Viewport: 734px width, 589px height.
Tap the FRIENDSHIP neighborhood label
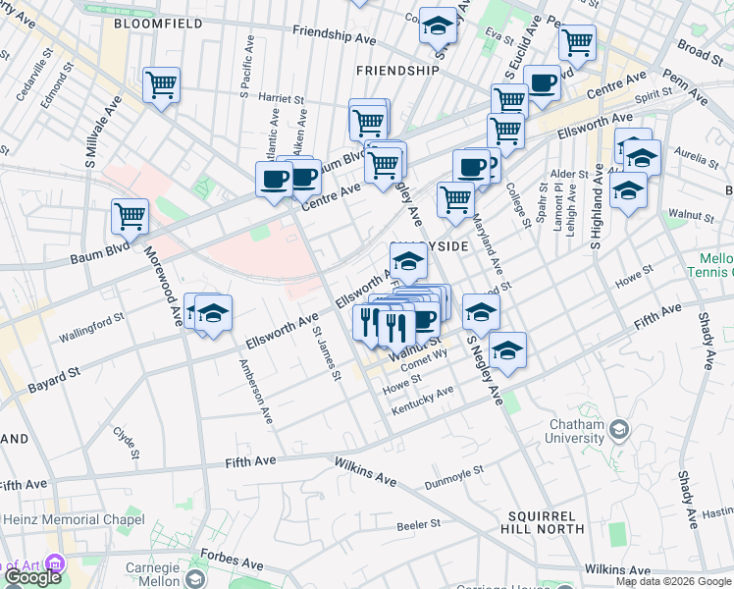397,71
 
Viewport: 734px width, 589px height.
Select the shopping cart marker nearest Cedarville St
161,84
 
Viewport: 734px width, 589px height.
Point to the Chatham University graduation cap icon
619,430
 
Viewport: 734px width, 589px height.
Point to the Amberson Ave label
254,391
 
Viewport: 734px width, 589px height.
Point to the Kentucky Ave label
423,399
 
